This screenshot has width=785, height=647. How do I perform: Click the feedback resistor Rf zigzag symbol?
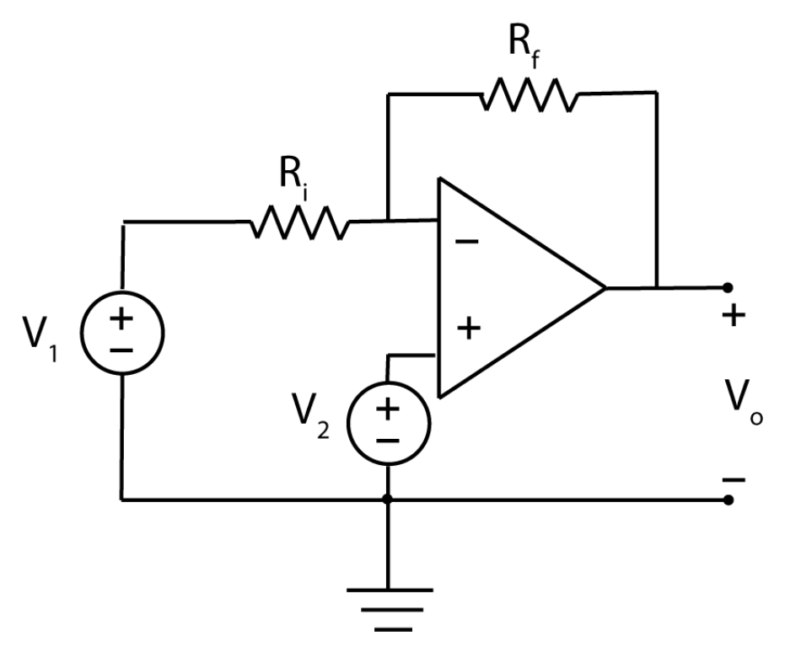click(x=530, y=94)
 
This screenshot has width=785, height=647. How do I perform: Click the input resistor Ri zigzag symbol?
click(x=298, y=223)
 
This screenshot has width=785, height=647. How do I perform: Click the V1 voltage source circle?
click(x=121, y=332)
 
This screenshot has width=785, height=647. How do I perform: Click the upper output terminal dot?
click(x=728, y=287)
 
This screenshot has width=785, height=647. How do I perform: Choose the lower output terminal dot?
click(x=728, y=500)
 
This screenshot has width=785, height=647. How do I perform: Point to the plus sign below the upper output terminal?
click(x=734, y=317)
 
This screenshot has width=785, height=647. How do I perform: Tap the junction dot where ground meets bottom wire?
click(x=388, y=500)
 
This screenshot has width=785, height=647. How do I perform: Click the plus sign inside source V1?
click(x=121, y=318)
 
